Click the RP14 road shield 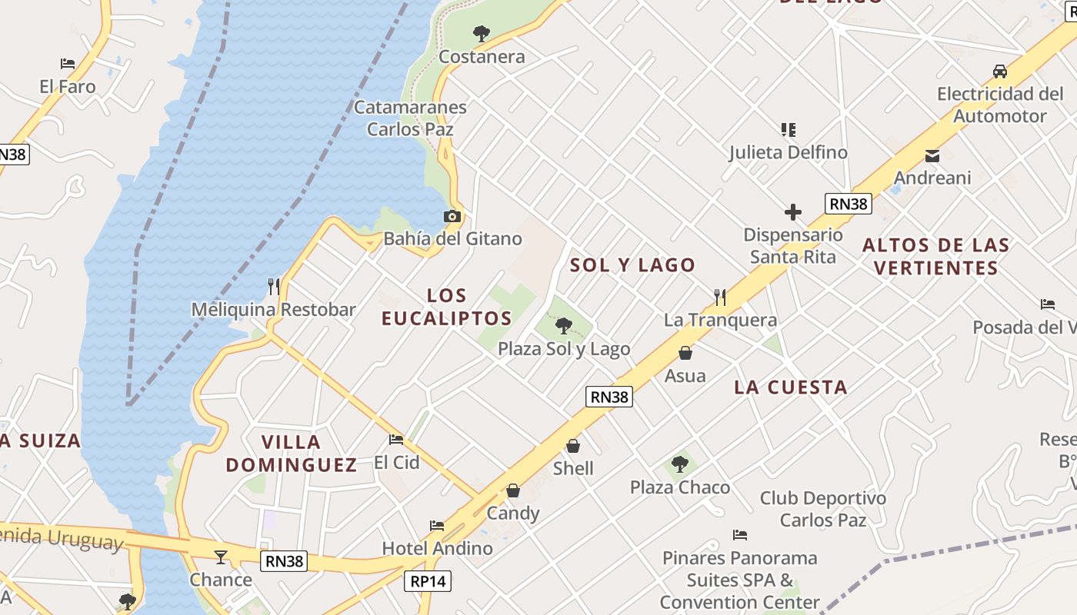coord(428,581)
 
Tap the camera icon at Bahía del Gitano coord(452,217)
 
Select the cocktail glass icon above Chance coord(221,557)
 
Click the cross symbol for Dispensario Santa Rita coord(793,212)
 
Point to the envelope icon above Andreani coord(932,156)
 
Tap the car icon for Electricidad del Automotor coord(999,71)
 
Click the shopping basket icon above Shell coord(573,446)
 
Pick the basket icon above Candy coord(513,490)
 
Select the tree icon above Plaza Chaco coord(679,464)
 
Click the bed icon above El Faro coord(68,64)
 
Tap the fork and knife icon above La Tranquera coord(720,297)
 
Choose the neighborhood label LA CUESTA coord(791,387)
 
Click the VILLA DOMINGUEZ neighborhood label coord(292,454)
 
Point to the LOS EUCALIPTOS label coord(447,307)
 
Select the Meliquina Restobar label coord(273,310)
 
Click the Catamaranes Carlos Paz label coord(410,118)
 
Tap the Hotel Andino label coord(438,548)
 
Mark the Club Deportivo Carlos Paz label coord(823,509)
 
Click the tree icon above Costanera coord(482,34)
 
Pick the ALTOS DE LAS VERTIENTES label coord(935,257)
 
